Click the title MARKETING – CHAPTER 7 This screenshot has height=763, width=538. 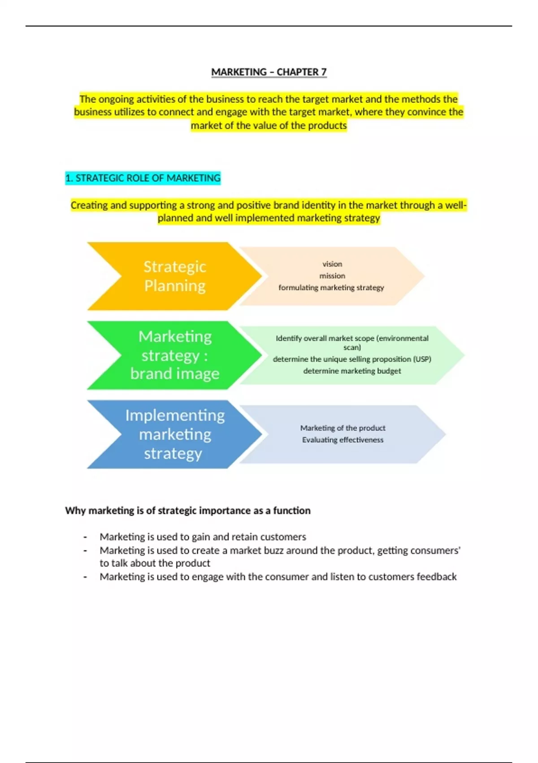269,72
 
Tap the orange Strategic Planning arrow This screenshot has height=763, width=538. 174,276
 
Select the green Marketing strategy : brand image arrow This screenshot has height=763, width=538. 174,355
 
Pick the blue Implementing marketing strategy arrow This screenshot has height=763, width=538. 174,434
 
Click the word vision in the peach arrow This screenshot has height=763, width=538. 332,264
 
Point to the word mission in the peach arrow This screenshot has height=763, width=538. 332,276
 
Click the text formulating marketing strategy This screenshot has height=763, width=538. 331,288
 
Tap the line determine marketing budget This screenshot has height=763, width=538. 352,371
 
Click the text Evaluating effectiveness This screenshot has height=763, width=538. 343,440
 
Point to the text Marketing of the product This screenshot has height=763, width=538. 343,428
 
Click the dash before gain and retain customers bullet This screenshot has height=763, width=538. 85,538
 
